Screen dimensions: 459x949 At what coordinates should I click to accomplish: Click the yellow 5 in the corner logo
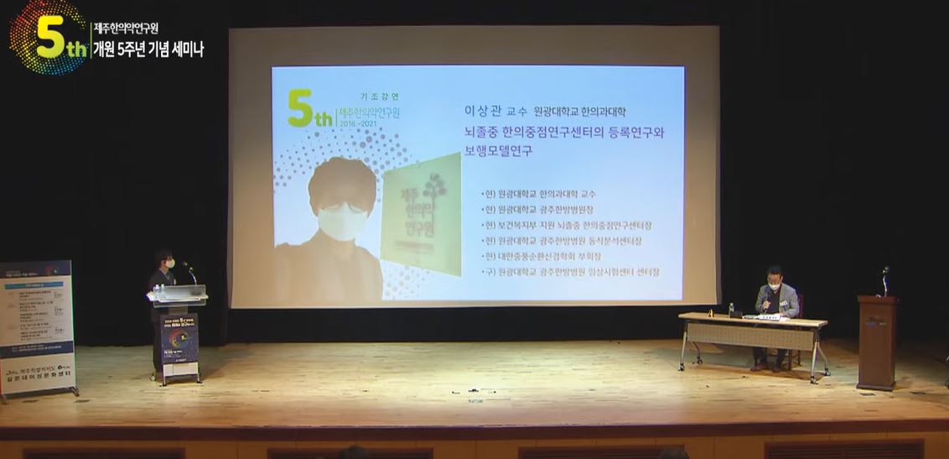pyautogui.click(x=50, y=37)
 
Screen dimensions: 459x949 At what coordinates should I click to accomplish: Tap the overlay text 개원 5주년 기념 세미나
pyautogui.click(x=148, y=50)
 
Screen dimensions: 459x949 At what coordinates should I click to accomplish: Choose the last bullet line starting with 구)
pyautogui.click(x=570, y=272)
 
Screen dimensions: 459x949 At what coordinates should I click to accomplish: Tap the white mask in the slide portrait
pyautogui.click(x=341, y=222)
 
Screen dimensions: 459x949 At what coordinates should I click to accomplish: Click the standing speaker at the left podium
pyautogui.click(x=163, y=277)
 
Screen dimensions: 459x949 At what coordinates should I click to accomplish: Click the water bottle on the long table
pyautogui.click(x=731, y=310)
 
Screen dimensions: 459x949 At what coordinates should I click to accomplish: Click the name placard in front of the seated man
pyautogui.click(x=769, y=317)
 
